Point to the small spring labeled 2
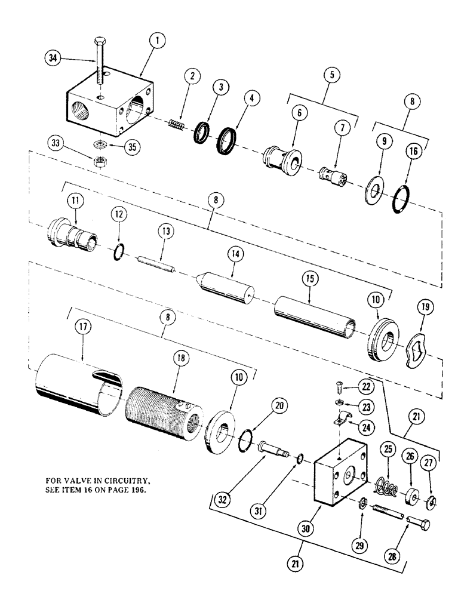[174, 125]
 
